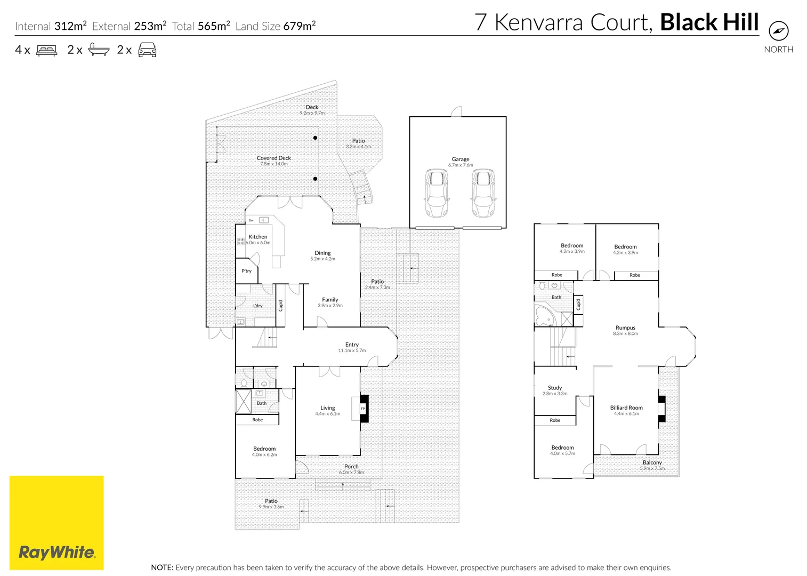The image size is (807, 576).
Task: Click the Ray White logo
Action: coord(57,523)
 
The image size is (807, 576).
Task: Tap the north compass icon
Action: coord(779,30)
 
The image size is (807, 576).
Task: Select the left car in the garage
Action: coord(436,193)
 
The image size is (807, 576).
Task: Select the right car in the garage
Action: coord(483,193)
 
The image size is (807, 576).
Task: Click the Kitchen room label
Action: coord(257,237)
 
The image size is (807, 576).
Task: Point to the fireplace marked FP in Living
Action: coord(364,409)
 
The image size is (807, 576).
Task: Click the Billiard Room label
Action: coord(626,407)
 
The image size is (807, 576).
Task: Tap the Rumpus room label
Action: coord(625,327)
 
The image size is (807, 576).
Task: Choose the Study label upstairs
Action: coord(555,388)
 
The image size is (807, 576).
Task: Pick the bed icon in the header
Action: coord(46,50)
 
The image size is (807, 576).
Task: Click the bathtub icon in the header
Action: coord(99,50)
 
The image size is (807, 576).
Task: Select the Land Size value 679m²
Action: coord(300,26)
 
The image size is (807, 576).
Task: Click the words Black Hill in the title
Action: coord(709,22)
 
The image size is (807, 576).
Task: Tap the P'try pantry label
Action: coord(246,271)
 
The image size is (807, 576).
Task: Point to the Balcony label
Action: coord(652,462)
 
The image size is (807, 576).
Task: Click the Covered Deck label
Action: coord(274,158)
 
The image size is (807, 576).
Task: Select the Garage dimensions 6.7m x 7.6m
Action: coord(461,165)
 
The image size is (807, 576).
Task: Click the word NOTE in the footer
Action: coord(162,567)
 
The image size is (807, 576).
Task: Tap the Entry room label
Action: coord(352,345)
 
